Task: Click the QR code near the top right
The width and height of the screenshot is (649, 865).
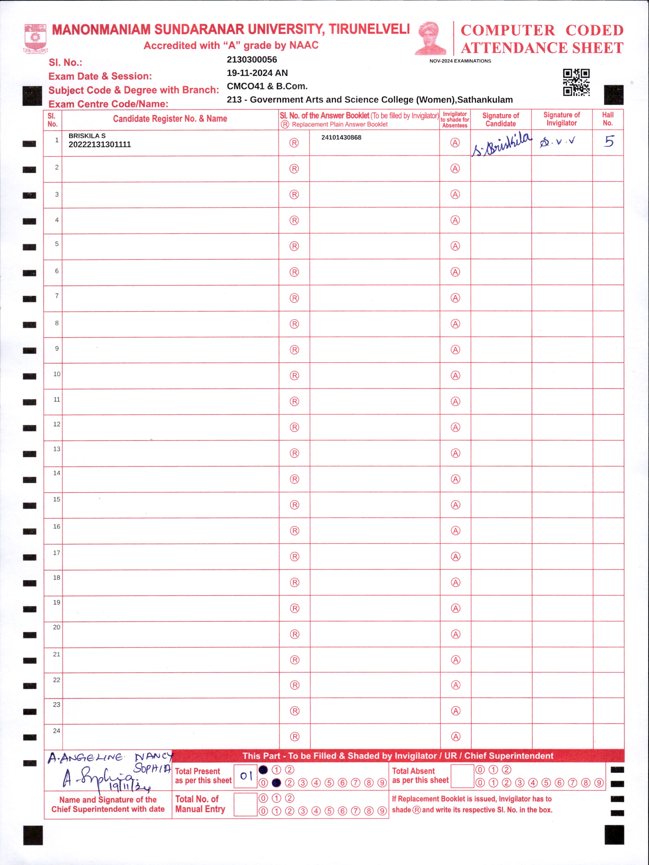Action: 576,82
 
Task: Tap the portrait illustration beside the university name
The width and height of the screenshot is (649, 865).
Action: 431,38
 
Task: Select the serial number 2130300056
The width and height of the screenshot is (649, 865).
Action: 252,60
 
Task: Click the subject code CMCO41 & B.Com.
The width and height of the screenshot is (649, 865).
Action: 267,86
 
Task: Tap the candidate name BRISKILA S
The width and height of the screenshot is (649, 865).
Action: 87,136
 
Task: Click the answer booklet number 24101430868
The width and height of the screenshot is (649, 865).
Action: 341,138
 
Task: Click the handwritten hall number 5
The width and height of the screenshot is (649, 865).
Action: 609,141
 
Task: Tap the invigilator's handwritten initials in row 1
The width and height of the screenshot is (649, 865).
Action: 557,142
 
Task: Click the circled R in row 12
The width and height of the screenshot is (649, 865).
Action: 294,428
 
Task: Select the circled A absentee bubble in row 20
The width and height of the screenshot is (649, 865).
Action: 456,634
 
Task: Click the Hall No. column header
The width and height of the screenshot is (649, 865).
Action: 608,119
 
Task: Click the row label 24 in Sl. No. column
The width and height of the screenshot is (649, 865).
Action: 57,731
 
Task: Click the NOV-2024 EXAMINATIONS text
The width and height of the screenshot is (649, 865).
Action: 460,61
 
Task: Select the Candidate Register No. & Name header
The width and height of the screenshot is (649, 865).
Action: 170,119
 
